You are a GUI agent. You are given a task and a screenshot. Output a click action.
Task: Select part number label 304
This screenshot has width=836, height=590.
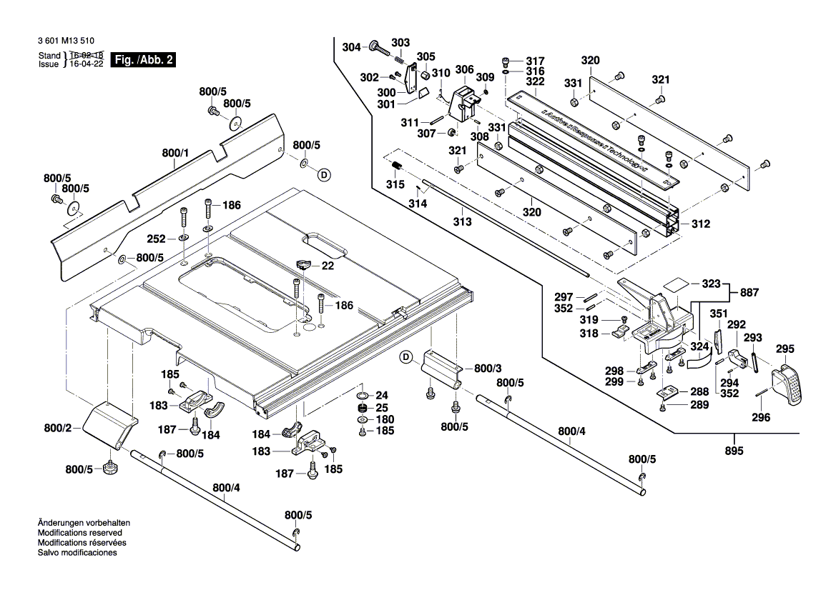(x=351, y=47)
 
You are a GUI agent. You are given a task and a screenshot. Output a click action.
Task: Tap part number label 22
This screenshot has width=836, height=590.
(x=328, y=266)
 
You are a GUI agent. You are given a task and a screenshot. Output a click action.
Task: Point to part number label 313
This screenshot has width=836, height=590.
(x=462, y=222)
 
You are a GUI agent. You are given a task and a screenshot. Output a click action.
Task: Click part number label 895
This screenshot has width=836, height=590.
(x=734, y=451)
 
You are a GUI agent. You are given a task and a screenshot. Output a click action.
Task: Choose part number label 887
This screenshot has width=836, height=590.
(x=749, y=292)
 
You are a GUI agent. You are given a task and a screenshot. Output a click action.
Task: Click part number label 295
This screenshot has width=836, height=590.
(x=785, y=349)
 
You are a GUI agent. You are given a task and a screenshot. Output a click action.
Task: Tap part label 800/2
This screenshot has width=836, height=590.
(x=58, y=428)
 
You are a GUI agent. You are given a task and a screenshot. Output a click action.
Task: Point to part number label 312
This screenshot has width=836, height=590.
(x=700, y=224)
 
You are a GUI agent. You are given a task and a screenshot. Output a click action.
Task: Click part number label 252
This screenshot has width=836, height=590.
(x=156, y=239)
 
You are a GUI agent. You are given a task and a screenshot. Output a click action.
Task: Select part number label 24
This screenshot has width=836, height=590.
(x=381, y=395)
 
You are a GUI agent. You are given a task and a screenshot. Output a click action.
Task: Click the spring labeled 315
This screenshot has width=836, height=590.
(x=396, y=169)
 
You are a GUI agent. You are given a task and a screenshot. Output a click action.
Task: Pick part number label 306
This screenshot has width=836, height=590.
(x=464, y=69)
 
